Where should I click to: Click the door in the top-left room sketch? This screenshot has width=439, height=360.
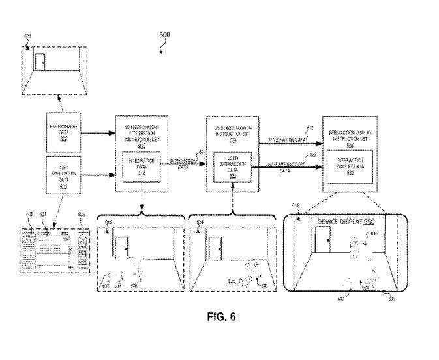[x=40, y=63]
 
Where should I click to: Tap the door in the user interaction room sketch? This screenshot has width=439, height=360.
[x=216, y=248]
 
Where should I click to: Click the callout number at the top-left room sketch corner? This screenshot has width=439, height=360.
[x=27, y=36]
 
